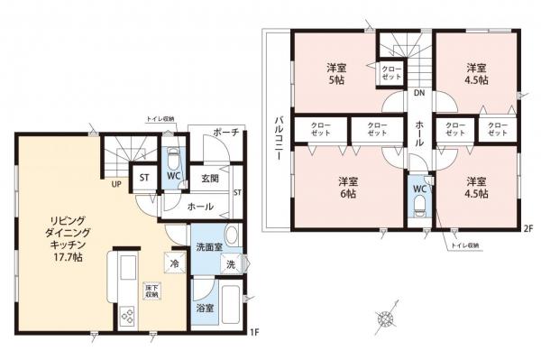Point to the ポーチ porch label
(x=225, y=133)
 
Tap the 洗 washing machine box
(x=232, y=265)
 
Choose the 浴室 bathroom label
(x=206, y=309)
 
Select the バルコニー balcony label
(x=276, y=139)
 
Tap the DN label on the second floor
(x=419, y=93)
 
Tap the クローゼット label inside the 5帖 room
(x=390, y=73)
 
